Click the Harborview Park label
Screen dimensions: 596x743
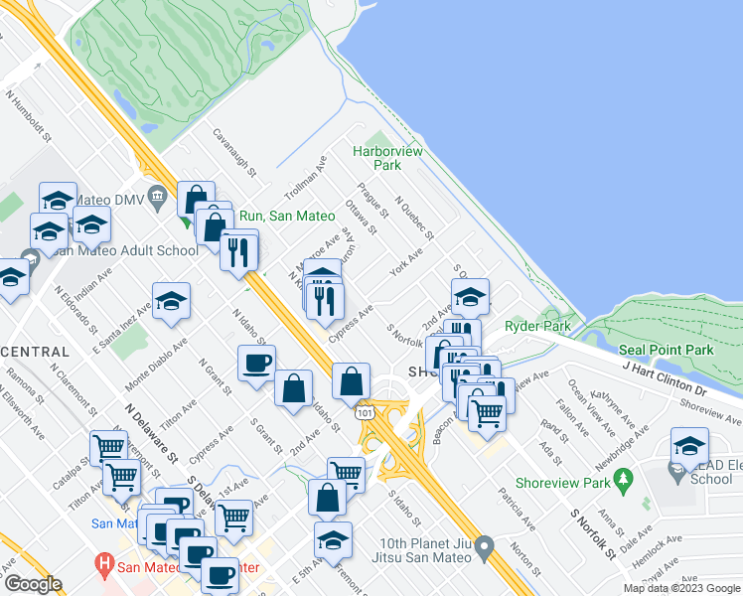(388, 158)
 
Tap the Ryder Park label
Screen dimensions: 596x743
(537, 326)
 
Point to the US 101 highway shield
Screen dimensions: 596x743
(368, 409)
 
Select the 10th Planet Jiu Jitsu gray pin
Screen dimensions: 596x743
(485, 546)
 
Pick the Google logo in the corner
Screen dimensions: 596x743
(32, 584)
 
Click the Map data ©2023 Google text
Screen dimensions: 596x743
(680, 588)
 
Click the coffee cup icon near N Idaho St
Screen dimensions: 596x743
(256, 363)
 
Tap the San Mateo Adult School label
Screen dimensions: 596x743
(124, 250)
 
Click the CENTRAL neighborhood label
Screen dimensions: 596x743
(36, 352)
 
